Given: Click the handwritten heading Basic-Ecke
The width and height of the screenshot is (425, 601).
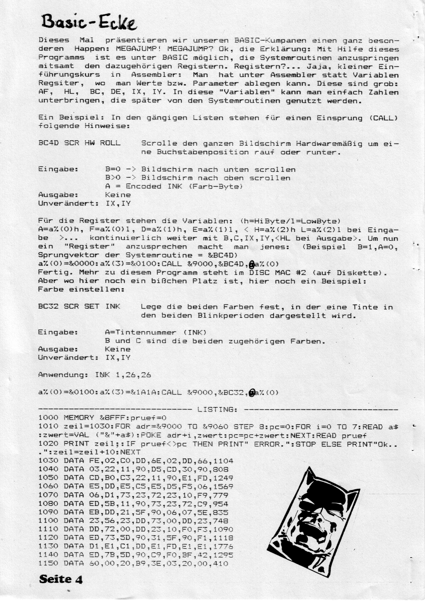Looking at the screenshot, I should [x=89, y=22].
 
